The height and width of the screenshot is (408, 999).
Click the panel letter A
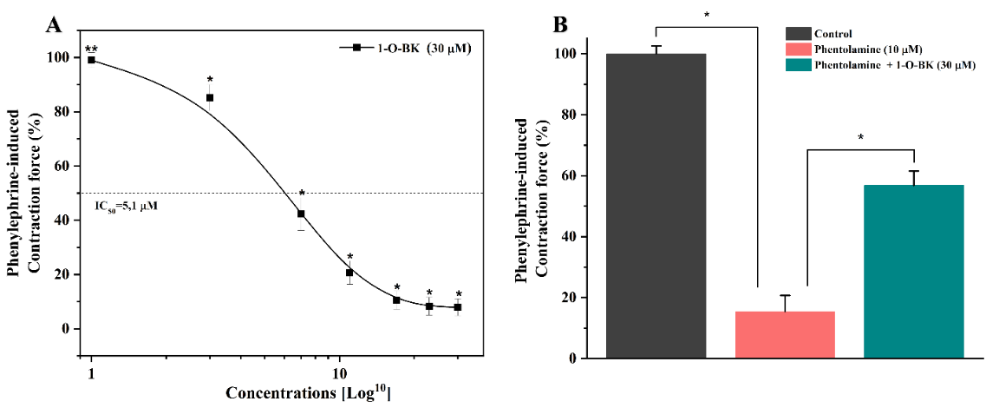(54, 24)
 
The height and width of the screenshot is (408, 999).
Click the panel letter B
(561, 24)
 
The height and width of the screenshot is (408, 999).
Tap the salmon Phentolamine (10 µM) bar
(785, 334)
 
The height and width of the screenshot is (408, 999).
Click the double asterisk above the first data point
(90, 49)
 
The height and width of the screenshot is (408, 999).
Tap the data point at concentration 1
(91, 60)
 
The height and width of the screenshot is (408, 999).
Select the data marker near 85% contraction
(210, 98)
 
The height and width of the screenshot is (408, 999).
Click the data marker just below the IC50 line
(301, 214)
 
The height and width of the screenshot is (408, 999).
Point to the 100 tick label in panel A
(59, 57)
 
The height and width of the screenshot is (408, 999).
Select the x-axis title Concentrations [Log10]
(309, 393)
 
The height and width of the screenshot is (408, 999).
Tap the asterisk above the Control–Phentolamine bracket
(707, 15)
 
